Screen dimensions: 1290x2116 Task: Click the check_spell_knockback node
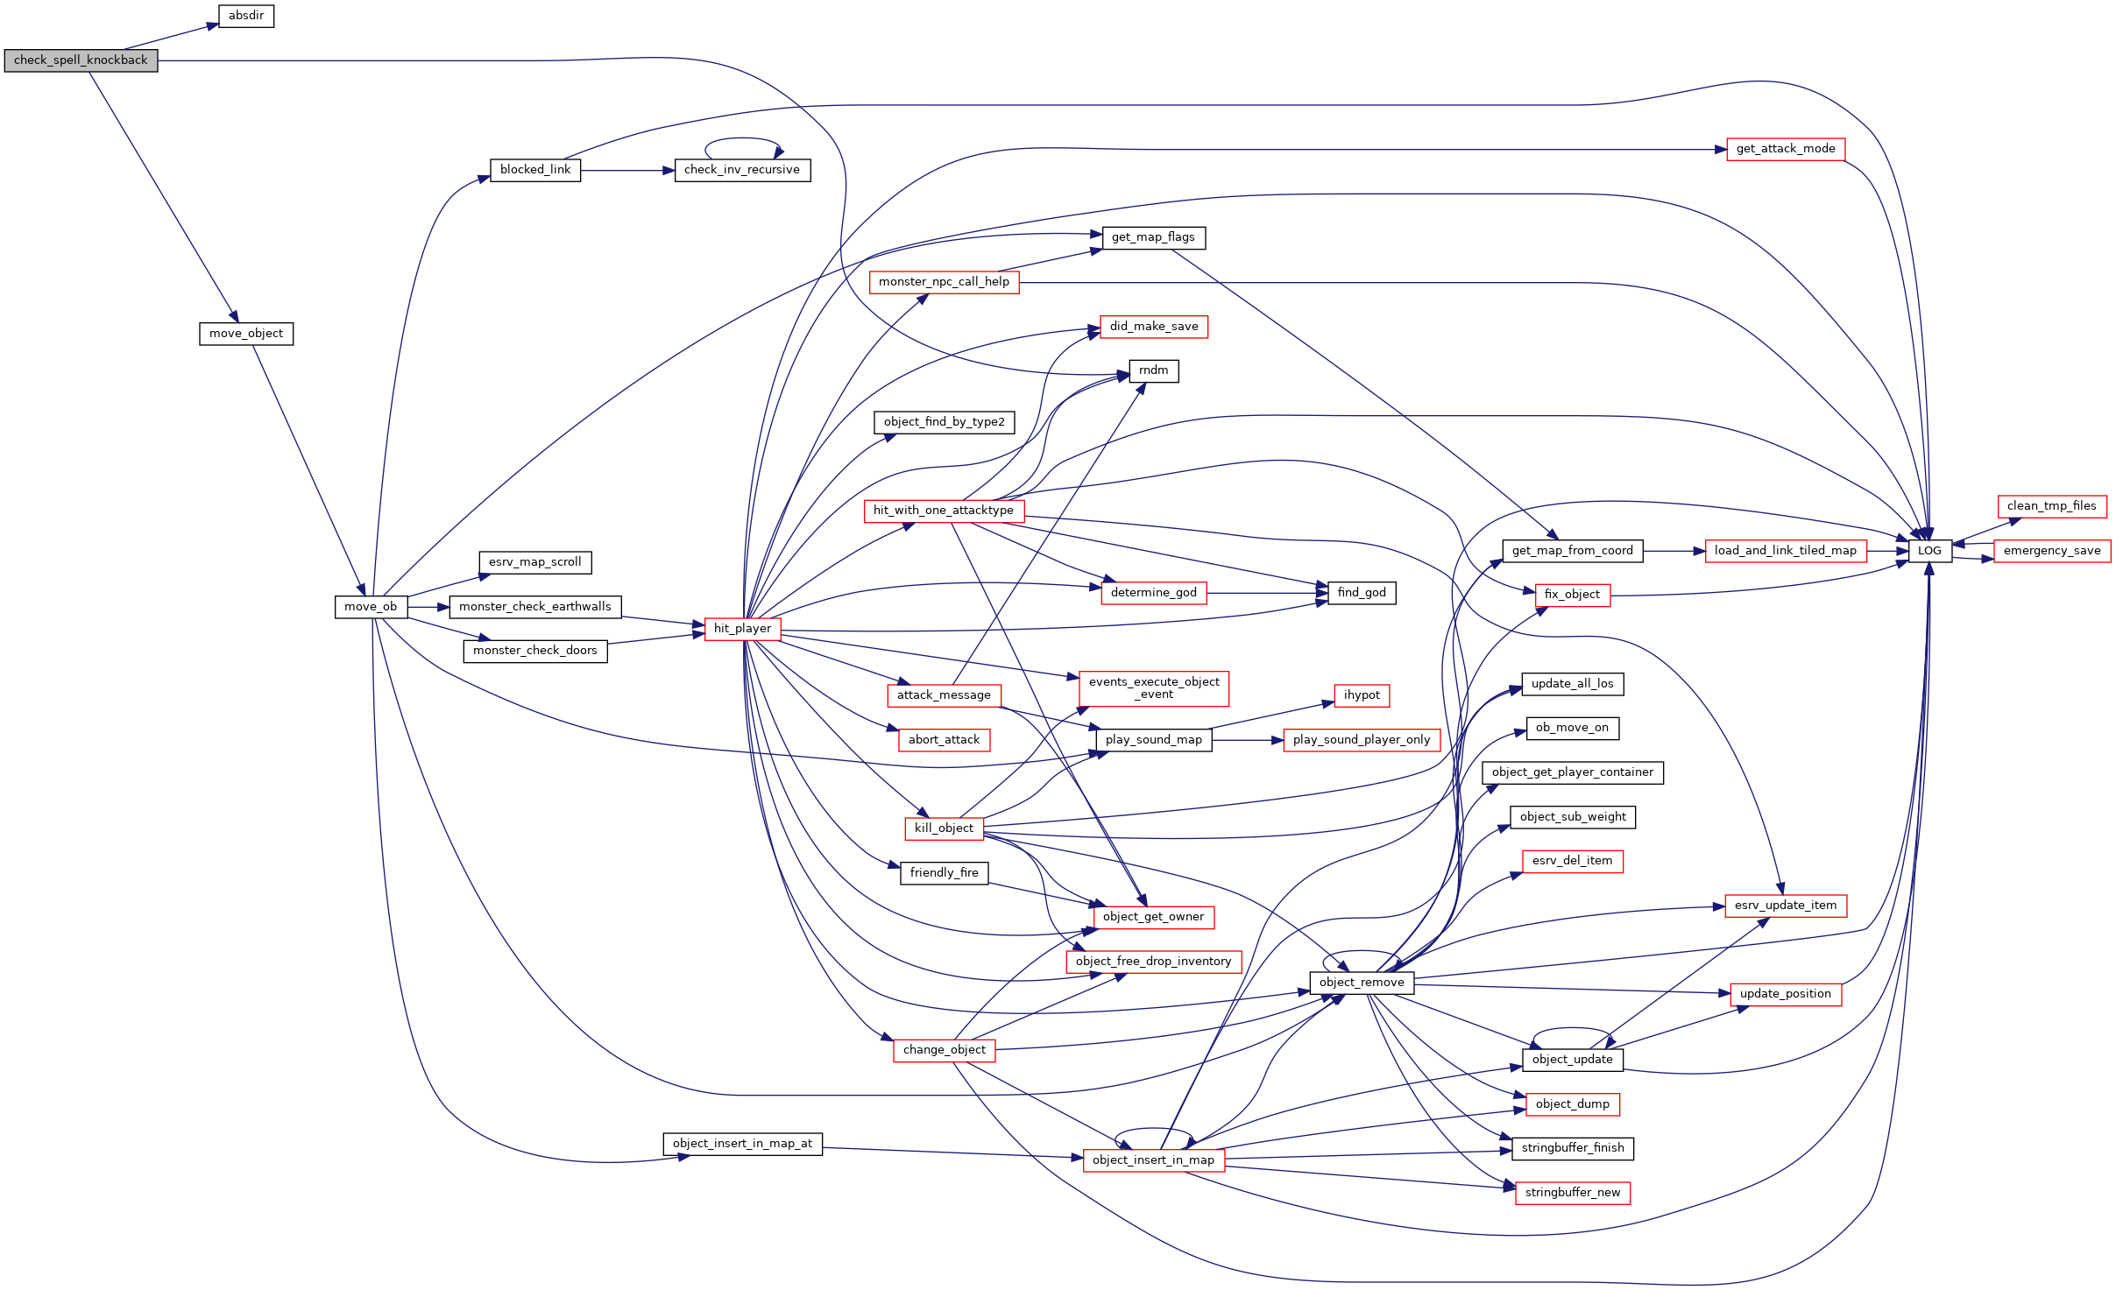click(81, 60)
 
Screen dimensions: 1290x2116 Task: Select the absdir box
click(246, 16)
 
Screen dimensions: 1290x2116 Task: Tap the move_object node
click(246, 334)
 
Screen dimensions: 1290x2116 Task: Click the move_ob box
click(371, 607)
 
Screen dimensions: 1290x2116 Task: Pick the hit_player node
click(742, 629)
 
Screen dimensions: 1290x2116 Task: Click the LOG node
click(1929, 551)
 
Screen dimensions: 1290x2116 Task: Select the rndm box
click(1153, 370)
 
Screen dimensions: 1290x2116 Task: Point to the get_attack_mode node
click(1786, 149)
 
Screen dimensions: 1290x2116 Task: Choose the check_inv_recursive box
click(742, 170)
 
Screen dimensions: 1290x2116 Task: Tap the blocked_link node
click(535, 170)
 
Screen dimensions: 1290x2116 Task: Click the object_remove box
click(1362, 983)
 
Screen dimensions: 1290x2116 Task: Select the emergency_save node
click(2052, 551)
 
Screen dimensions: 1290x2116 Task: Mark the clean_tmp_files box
click(2052, 506)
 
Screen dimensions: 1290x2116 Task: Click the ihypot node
click(1362, 695)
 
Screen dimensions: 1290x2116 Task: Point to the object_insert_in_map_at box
click(742, 1144)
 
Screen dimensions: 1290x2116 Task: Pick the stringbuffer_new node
click(1573, 1193)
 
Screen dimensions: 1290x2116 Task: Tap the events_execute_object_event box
click(1154, 688)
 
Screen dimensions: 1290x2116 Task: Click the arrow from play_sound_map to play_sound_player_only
click(1248, 741)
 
